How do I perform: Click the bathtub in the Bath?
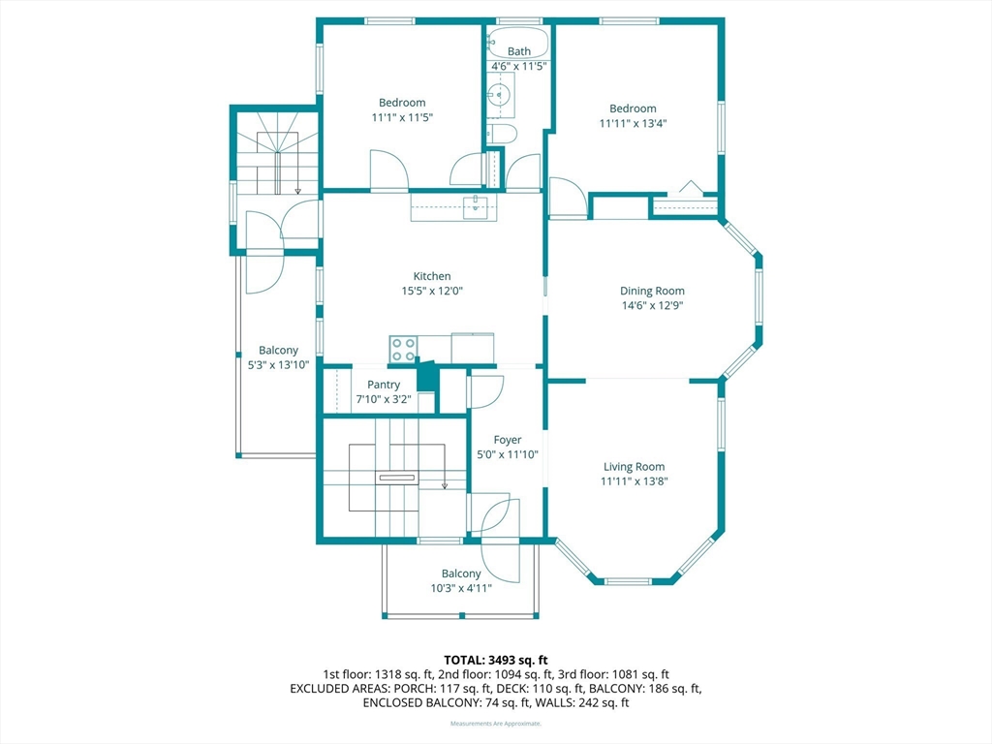pyautogui.click(x=518, y=45)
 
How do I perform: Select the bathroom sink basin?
pyautogui.click(x=500, y=95)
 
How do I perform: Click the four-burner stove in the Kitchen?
pyautogui.click(x=403, y=349)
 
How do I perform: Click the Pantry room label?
pyautogui.click(x=384, y=385)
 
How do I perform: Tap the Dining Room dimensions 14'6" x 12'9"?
pyautogui.click(x=652, y=305)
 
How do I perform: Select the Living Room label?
pyautogui.click(x=634, y=467)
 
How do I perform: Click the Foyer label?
pyautogui.click(x=508, y=440)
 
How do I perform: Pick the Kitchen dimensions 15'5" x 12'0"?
pyautogui.click(x=432, y=291)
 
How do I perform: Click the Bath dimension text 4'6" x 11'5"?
pyautogui.click(x=519, y=66)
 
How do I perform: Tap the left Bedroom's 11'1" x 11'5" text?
pyautogui.click(x=402, y=117)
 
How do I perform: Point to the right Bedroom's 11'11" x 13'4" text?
pyautogui.click(x=633, y=123)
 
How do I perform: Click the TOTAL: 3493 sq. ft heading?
pyautogui.click(x=496, y=661)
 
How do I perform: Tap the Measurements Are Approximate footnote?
pyautogui.click(x=496, y=723)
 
